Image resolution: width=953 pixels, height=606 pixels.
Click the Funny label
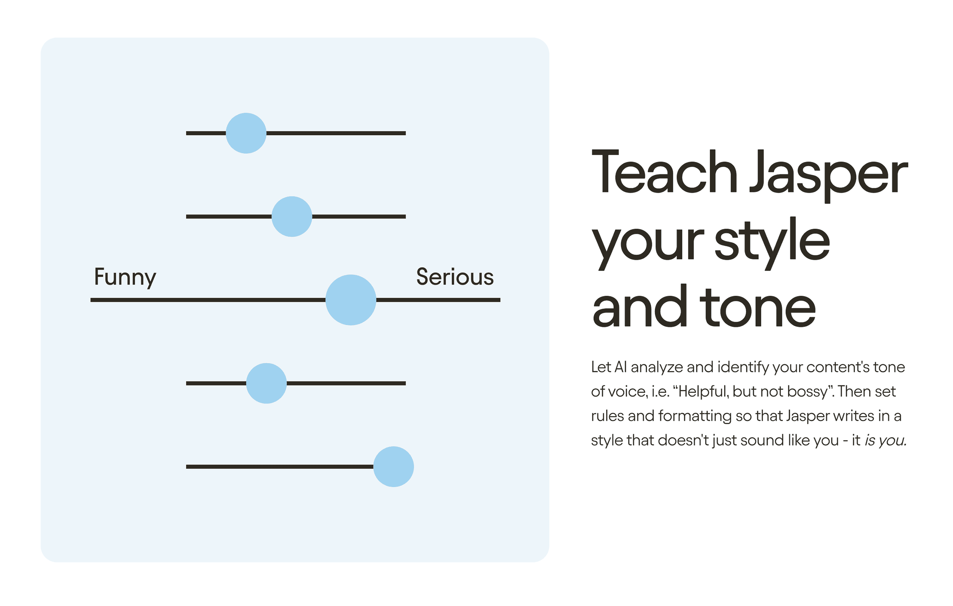[125, 277]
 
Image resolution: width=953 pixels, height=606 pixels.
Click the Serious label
[455, 277]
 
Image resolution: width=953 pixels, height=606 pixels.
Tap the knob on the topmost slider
[246, 133]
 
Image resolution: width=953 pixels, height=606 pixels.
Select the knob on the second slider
[292, 216]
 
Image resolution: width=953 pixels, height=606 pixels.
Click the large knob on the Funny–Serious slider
[351, 300]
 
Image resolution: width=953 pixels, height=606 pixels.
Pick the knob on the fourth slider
[266, 383]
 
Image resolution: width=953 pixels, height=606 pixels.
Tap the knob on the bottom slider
[393, 467]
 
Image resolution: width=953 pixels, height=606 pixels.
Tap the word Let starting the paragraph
[601, 367]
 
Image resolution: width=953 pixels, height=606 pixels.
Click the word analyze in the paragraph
[656, 368]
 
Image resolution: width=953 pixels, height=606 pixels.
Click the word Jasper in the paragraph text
[808, 417]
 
